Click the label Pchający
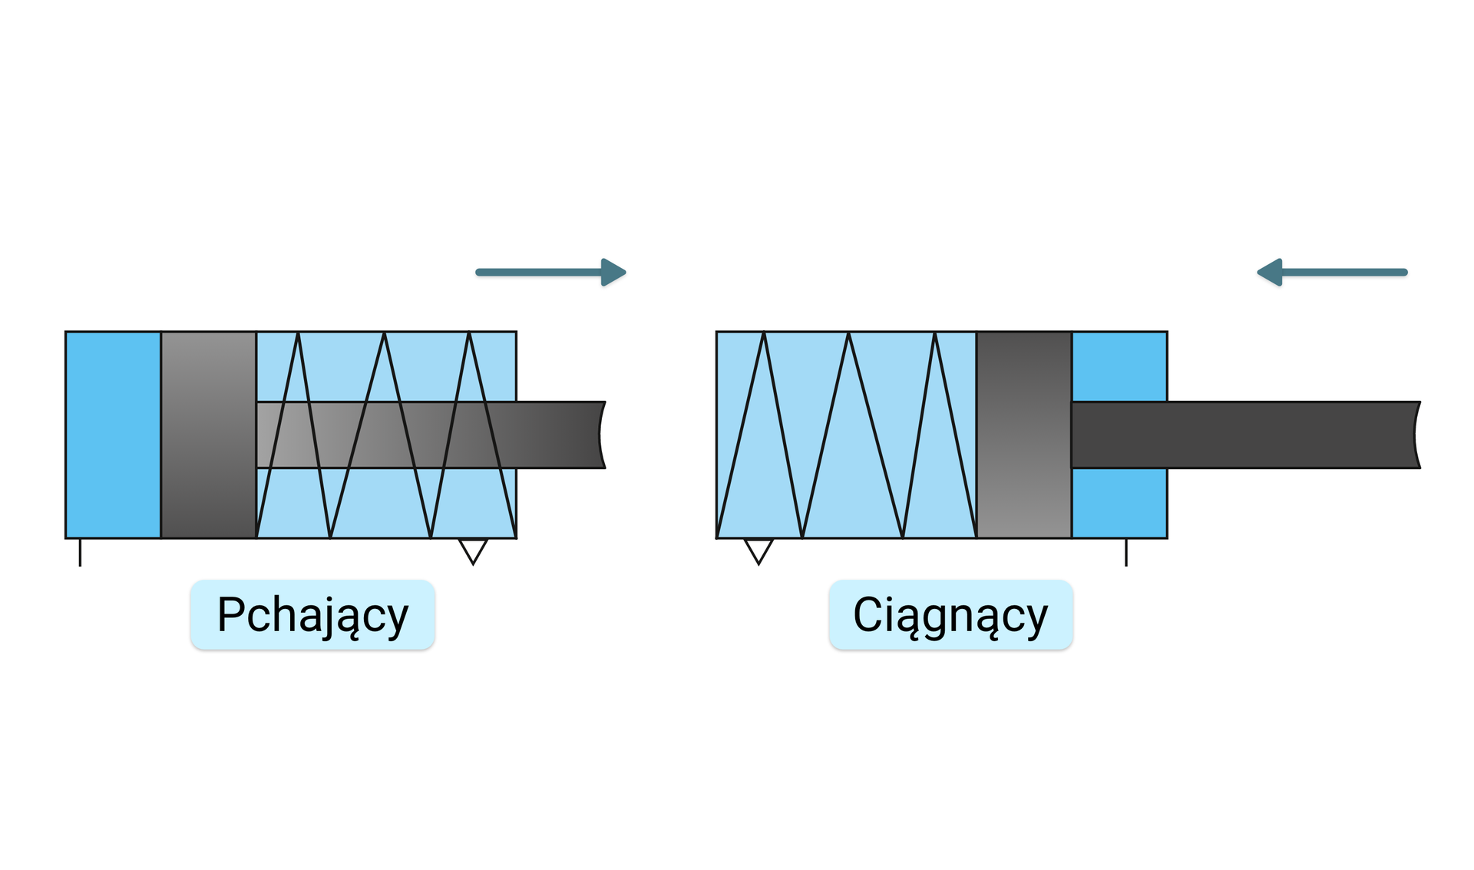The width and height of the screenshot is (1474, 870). pyautogui.click(x=312, y=615)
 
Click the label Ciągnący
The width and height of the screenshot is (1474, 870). pyautogui.click(x=950, y=615)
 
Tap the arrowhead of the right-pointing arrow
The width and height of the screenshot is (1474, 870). pyautogui.click(x=613, y=272)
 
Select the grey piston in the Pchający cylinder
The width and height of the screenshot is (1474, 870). pyautogui.click(x=208, y=435)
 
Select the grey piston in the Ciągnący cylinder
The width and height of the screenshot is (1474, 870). pyautogui.click(x=1024, y=435)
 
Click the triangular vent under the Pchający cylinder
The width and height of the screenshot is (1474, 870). pyautogui.click(x=473, y=550)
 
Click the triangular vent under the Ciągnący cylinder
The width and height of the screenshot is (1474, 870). pyautogui.click(x=758, y=550)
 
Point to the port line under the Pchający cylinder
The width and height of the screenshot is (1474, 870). pyautogui.click(x=80, y=552)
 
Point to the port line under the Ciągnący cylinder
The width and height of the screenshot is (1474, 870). pyautogui.click(x=1126, y=552)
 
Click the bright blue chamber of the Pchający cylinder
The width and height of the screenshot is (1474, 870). pyautogui.click(x=114, y=435)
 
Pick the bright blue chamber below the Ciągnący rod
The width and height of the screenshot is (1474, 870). pyautogui.click(x=1119, y=503)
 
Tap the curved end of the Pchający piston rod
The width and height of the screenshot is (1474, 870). pyautogui.click(x=602, y=435)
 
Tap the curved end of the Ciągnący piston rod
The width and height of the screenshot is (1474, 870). pyautogui.click(x=1416, y=435)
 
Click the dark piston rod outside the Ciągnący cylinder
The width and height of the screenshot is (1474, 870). pyautogui.click(x=1290, y=435)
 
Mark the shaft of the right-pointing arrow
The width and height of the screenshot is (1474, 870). pyautogui.click(x=537, y=272)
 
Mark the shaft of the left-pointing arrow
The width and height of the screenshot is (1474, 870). pyautogui.click(x=1343, y=272)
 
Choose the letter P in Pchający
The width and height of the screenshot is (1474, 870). pyautogui.click(x=232, y=614)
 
